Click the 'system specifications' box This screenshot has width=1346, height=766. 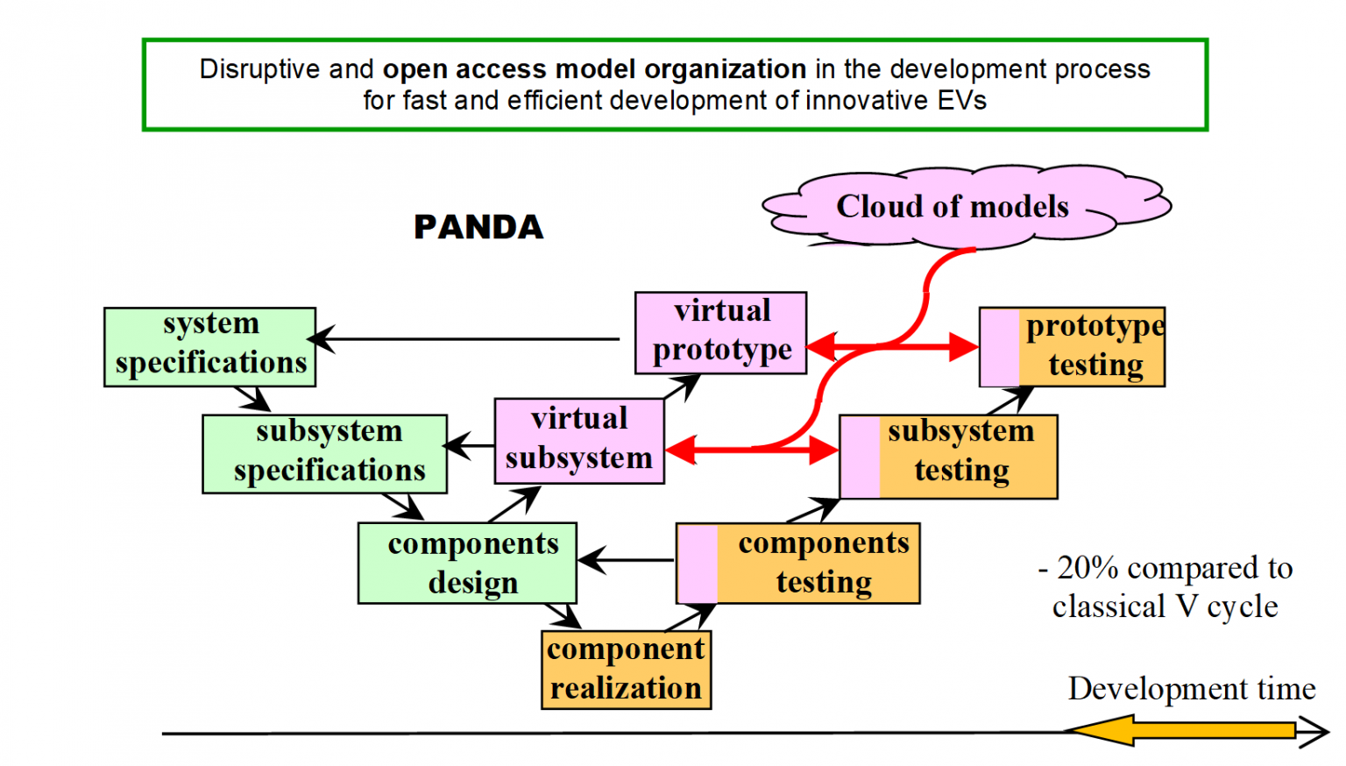coord(209,346)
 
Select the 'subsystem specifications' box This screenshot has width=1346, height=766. coord(325,454)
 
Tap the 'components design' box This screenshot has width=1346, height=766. coord(467,563)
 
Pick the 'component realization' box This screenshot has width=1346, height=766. coord(626,670)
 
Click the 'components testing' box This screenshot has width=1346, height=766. coord(798,563)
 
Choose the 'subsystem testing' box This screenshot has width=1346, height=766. coord(948,457)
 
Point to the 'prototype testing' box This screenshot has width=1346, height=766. coord(1073,346)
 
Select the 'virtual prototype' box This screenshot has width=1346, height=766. coord(720,332)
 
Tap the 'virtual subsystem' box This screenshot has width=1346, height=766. coord(579,441)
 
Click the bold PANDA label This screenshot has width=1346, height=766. coord(478,227)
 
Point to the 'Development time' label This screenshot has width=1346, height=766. coord(1191,689)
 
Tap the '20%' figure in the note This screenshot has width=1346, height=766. coord(1087,568)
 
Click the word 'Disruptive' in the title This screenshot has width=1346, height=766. coord(260,69)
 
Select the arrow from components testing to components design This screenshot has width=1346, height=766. coord(626,560)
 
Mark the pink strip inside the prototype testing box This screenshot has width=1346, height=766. coord(1000,347)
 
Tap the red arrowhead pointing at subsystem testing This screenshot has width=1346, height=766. coord(824,450)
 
